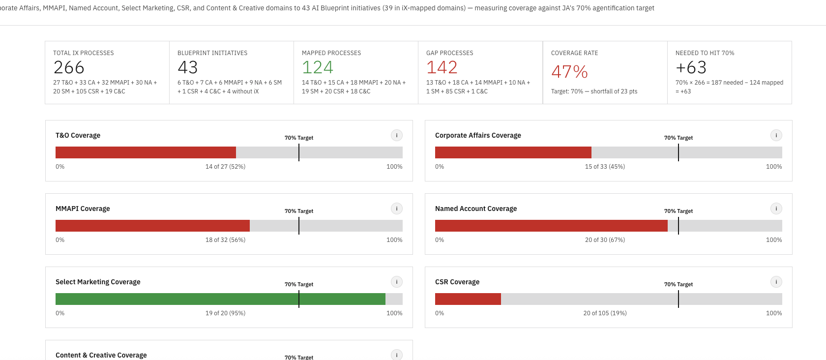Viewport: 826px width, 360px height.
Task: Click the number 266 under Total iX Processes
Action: [x=69, y=67]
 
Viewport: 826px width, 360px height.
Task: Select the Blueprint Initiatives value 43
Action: [x=187, y=67]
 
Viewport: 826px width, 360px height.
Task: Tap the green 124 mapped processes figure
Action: [x=317, y=67]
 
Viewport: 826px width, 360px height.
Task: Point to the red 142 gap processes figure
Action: [x=442, y=67]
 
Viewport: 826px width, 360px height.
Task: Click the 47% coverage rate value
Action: [x=569, y=72]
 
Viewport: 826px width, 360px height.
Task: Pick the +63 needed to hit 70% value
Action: [x=691, y=67]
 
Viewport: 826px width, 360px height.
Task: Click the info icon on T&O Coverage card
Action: [x=397, y=135]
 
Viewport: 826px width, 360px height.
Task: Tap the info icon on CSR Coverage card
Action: [x=776, y=282]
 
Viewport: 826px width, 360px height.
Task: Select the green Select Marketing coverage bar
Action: [x=220, y=299]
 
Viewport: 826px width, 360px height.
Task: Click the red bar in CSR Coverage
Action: [x=468, y=299]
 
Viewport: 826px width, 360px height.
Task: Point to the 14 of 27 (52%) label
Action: [x=225, y=167]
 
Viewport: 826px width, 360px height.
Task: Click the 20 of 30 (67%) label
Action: [x=605, y=240]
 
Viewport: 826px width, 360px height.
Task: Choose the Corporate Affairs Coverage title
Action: [x=478, y=135]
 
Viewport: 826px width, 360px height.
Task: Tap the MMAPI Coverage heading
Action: [x=83, y=209]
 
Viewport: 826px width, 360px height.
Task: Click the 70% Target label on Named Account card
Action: [x=678, y=211]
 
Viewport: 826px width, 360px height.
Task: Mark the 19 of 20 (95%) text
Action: [x=225, y=313]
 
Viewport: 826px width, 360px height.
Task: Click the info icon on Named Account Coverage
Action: [x=776, y=209]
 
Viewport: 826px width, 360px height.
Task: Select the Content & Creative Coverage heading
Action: [x=101, y=355]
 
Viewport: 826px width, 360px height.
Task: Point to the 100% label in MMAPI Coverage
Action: [x=394, y=240]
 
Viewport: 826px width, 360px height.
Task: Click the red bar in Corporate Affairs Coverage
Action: [x=513, y=152]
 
